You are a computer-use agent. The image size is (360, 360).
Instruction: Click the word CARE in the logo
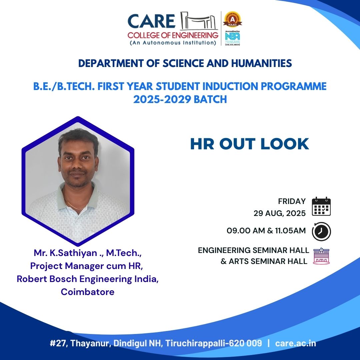152,21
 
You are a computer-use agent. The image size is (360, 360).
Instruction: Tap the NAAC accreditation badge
233,20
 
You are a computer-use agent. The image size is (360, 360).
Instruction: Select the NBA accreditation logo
233,38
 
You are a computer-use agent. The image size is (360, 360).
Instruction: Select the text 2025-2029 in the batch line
162,99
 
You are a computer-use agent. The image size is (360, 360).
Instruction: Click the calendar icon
321,206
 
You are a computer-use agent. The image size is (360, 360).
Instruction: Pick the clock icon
321,231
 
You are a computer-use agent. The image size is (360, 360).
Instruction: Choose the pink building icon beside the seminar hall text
321,256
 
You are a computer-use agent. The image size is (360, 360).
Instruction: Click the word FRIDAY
292,201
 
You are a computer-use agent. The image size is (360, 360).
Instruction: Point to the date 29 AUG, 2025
280,213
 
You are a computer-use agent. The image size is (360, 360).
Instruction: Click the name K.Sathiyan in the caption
73,253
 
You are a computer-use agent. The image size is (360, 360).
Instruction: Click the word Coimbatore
88,292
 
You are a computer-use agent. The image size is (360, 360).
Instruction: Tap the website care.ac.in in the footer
295,343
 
